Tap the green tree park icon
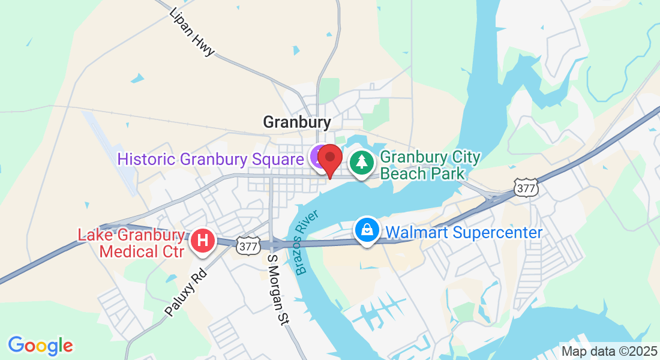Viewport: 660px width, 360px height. click(x=361, y=162)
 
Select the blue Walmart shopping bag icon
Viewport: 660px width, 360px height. click(x=367, y=230)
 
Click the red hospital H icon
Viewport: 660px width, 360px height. click(x=203, y=241)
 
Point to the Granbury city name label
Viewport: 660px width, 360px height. click(x=297, y=122)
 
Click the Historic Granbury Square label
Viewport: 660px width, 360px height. click(x=211, y=160)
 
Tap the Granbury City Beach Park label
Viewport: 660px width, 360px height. click(x=430, y=166)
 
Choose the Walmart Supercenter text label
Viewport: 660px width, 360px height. click(x=464, y=232)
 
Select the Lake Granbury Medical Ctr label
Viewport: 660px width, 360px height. click(x=131, y=242)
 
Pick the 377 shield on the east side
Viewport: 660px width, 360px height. click(x=526, y=188)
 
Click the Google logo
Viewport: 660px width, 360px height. click(x=40, y=345)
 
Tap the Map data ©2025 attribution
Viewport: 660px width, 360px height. click(x=608, y=351)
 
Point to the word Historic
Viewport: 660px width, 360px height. click(x=147, y=160)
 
